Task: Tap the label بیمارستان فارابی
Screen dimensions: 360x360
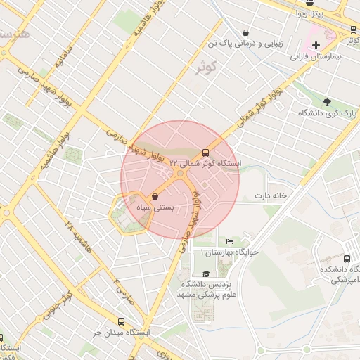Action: [316, 56]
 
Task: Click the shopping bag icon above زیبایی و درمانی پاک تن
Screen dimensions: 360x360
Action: [245, 32]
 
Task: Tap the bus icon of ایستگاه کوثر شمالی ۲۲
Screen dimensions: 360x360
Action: [205, 152]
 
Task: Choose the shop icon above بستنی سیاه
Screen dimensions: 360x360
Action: [155, 197]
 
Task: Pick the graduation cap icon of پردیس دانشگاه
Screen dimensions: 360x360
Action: [205, 274]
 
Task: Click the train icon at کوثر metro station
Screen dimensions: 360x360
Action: [352, 30]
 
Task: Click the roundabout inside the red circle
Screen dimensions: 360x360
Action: [181, 173]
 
